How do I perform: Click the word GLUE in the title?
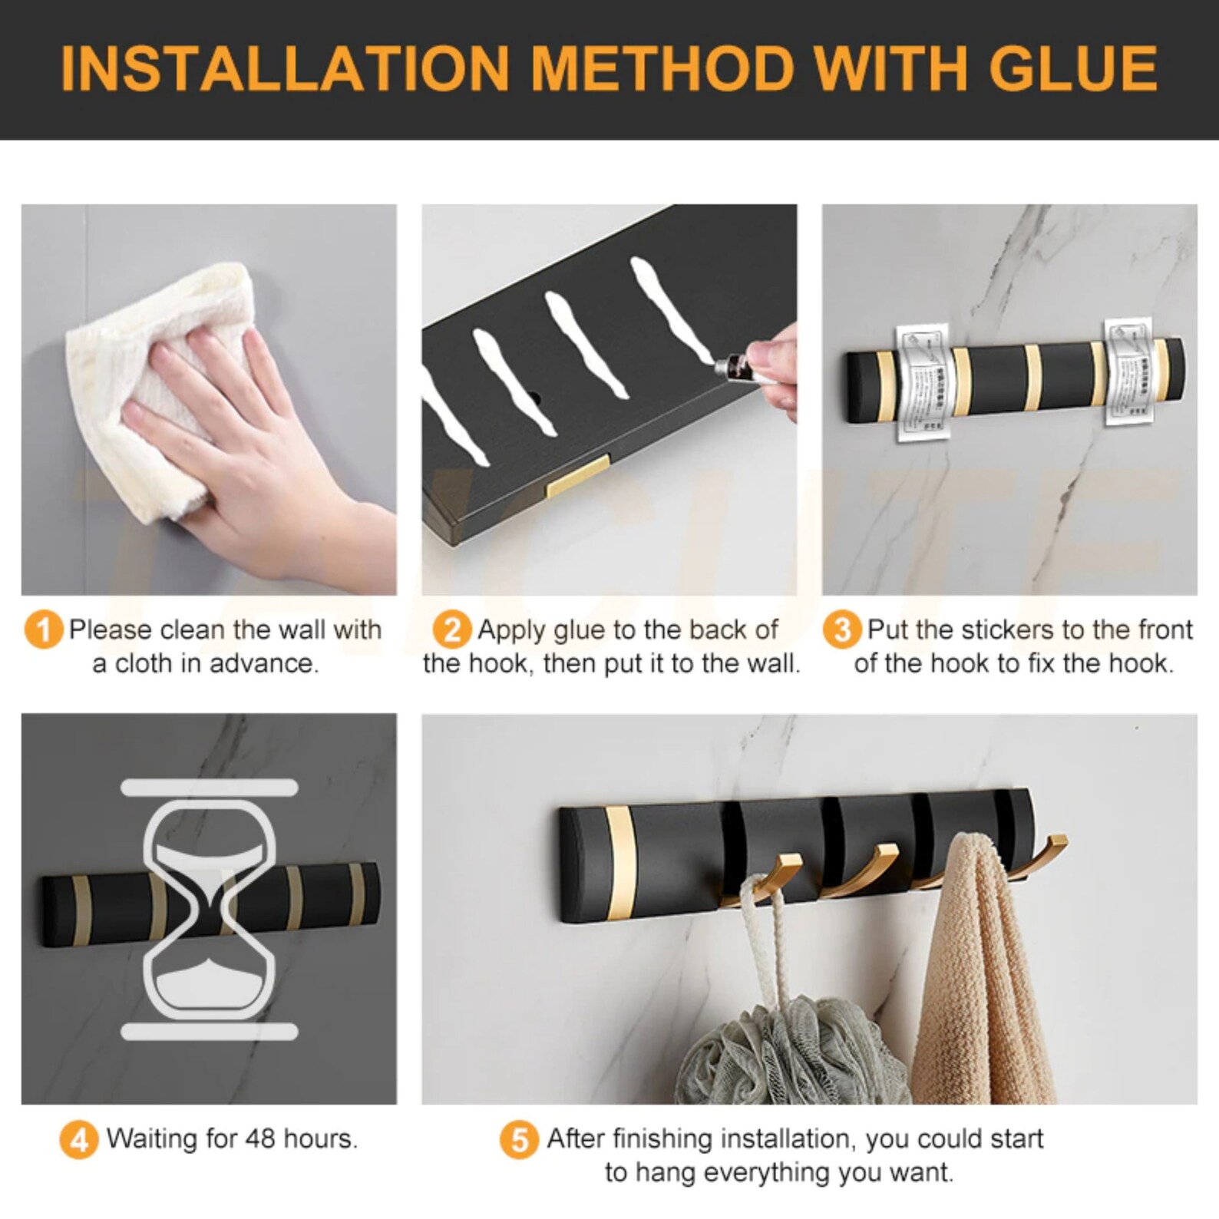pyautogui.click(x=1072, y=68)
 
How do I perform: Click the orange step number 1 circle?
pyautogui.click(x=43, y=630)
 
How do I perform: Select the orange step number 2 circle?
pyautogui.click(x=452, y=630)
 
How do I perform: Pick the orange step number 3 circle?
pyautogui.click(x=841, y=630)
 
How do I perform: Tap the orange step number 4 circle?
pyautogui.click(x=79, y=1140)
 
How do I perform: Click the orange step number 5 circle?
pyautogui.click(x=519, y=1140)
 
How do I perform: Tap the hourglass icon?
pyautogui.click(x=209, y=910)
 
